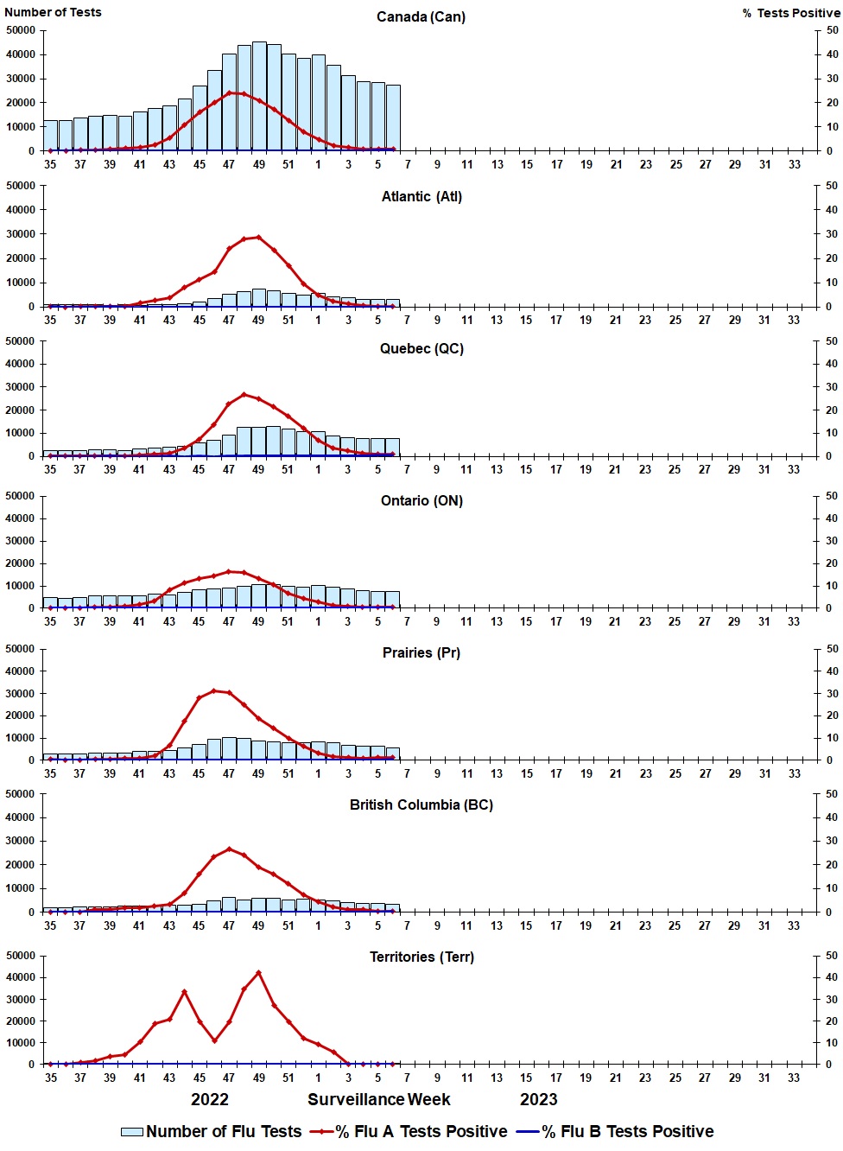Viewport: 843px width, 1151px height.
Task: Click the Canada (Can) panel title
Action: tap(421, 17)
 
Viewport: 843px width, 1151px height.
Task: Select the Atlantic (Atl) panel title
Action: tap(421, 197)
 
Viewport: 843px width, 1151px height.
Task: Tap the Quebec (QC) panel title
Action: tap(421, 349)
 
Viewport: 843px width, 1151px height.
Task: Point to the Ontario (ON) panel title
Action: tap(421, 501)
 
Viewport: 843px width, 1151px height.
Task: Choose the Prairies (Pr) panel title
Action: tap(421, 653)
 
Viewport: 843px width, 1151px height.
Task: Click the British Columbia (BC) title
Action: tap(421, 805)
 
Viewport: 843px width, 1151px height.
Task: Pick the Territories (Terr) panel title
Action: tap(421, 957)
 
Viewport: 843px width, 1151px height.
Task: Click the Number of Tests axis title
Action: tap(53, 12)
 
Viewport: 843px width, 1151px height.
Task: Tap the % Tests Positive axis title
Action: tap(790, 13)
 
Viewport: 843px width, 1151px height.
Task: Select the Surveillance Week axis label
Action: tap(379, 1099)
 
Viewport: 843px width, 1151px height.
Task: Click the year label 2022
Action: tap(210, 1099)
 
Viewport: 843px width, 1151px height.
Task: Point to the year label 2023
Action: tap(538, 1099)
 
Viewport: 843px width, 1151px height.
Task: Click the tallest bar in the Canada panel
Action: tap(259, 95)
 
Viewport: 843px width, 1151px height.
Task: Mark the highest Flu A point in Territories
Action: tap(259, 973)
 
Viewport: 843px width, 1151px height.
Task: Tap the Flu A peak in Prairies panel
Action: tap(214, 691)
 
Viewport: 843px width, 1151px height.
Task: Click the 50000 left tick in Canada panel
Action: tap(21, 30)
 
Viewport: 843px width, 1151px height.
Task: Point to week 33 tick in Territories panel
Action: tap(794, 1078)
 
